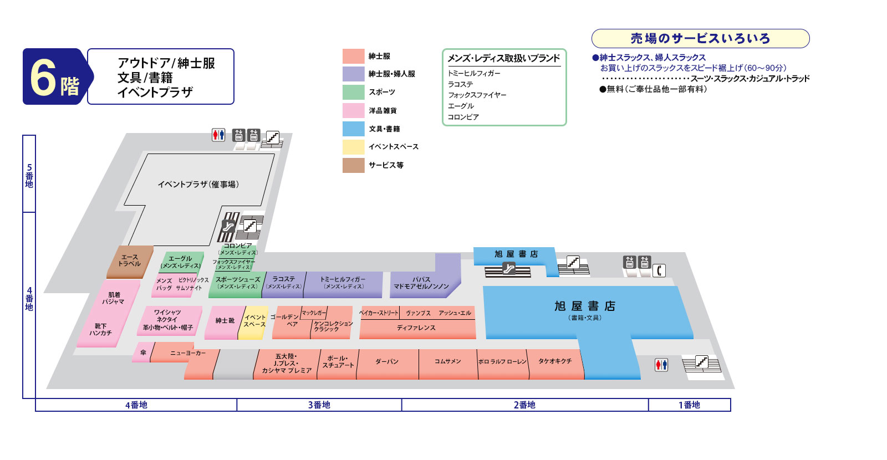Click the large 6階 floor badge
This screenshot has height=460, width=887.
pyautogui.click(x=54, y=76)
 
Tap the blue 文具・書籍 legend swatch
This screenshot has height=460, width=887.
pyautogui.click(x=353, y=129)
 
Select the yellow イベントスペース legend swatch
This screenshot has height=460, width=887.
pyautogui.click(x=353, y=147)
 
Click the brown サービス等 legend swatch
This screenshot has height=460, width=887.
pyautogui.click(x=353, y=165)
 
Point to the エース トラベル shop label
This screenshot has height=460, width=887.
pyautogui.click(x=129, y=260)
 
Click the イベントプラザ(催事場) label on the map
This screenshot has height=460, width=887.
pyautogui.click(x=198, y=184)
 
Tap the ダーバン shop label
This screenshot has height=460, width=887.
pyautogui.click(x=387, y=361)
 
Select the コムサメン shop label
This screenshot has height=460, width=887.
pyautogui.click(x=447, y=361)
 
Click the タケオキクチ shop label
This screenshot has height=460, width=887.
pyautogui.click(x=554, y=361)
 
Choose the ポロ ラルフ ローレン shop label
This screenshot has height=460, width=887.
pyautogui.click(x=502, y=361)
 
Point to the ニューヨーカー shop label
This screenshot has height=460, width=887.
pyautogui.click(x=187, y=352)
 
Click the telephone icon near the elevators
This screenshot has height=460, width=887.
pyautogui.click(x=659, y=270)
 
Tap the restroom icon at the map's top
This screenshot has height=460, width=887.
pyautogui.click(x=218, y=135)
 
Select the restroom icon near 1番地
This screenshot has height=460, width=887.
pyautogui.click(x=661, y=365)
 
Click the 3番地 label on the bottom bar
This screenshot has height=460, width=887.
pyautogui.click(x=319, y=405)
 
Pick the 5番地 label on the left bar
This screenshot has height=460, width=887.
pyautogui.click(x=29, y=175)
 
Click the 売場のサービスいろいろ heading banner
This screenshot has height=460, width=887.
pyautogui.click(x=700, y=39)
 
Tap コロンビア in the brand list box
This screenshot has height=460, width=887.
pyautogui.click(x=463, y=117)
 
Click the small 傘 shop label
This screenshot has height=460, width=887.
pyautogui.click(x=143, y=352)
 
